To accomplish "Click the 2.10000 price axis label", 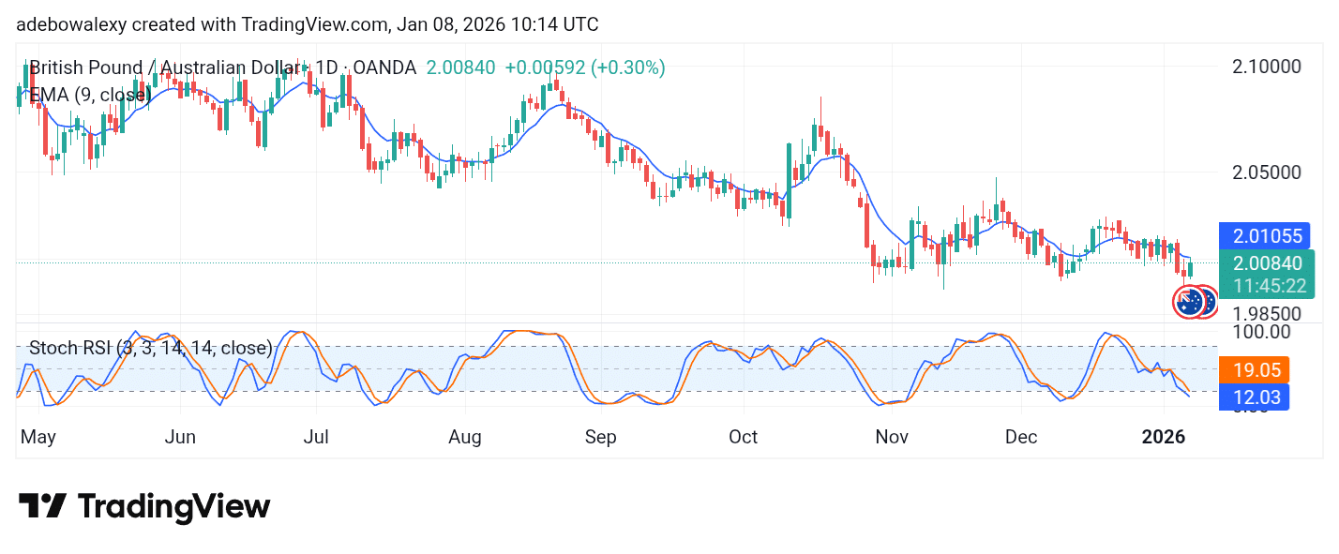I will [1266, 67].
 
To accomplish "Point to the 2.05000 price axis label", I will [1266, 173].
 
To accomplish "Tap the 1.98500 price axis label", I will [1266, 313].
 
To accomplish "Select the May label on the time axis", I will [38, 437].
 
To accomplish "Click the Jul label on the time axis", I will [316, 437].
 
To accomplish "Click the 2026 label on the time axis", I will [1164, 437].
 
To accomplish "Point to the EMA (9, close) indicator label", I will [90, 95].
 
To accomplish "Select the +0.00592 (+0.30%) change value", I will [585, 67].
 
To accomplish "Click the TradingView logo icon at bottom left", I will [42, 507].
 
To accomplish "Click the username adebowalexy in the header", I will [71, 24].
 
